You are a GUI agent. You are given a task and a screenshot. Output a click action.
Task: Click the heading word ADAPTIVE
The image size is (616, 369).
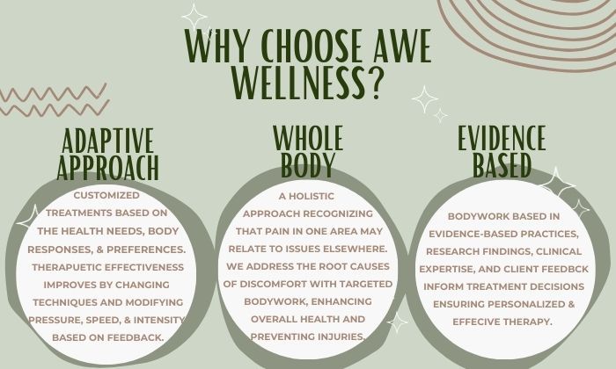(x=107, y=141)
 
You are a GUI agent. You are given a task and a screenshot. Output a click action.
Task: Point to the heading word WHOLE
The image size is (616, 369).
(x=308, y=138)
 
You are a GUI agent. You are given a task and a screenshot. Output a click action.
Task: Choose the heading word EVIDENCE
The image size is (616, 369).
(x=502, y=138)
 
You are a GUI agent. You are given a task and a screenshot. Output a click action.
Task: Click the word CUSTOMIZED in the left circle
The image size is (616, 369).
(x=106, y=195)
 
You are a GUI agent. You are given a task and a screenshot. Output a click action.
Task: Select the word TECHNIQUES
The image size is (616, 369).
(x=65, y=302)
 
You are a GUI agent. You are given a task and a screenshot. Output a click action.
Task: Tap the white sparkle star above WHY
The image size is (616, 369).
(x=194, y=17)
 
